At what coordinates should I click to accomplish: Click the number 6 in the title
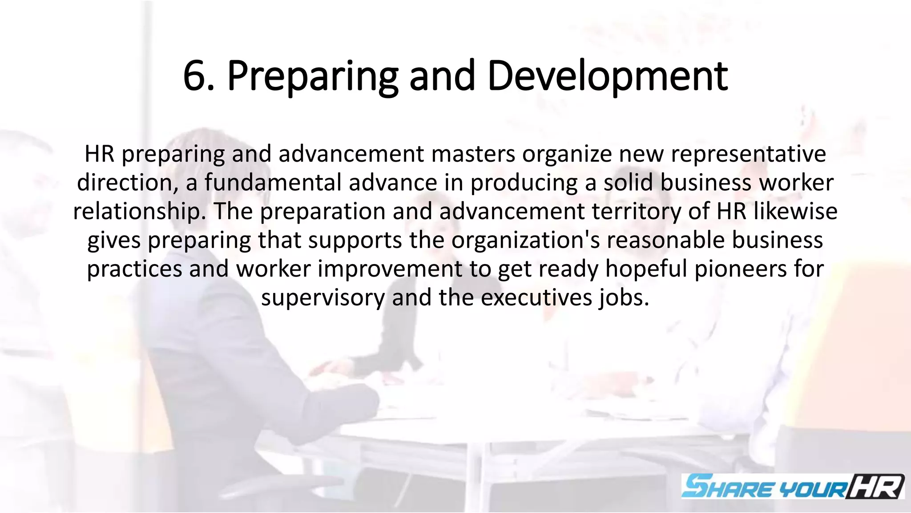point(195,77)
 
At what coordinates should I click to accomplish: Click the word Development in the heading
point(607,77)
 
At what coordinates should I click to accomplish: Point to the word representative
point(748,154)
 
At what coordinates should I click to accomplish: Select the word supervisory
point(323,297)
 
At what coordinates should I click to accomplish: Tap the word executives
point(536,297)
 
